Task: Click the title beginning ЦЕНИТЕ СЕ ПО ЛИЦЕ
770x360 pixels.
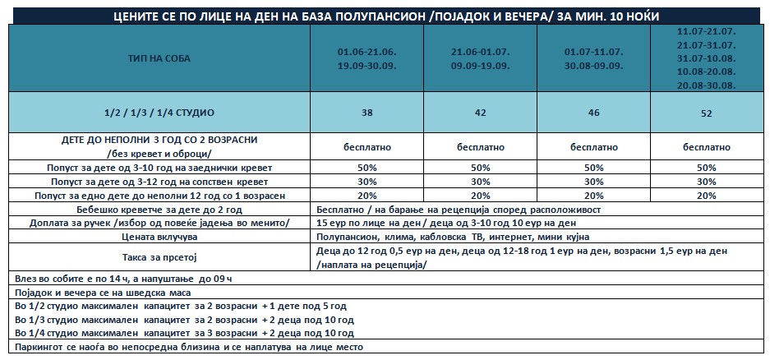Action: pyautogui.click(x=386, y=17)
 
